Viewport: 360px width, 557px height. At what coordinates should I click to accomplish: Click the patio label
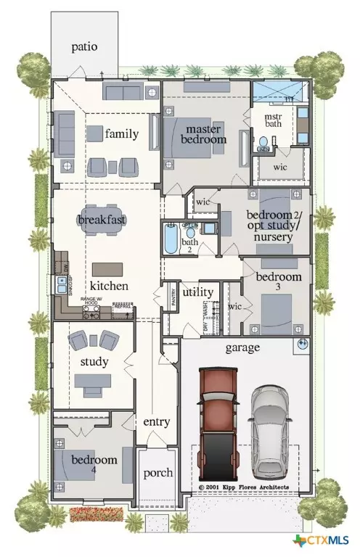pos(84,47)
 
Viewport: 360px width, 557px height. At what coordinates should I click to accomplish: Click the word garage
pos(242,348)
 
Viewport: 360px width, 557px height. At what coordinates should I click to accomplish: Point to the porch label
pos(157,473)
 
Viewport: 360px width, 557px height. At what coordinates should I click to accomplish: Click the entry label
pos(157,421)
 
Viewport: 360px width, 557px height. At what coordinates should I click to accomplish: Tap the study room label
pos(94,361)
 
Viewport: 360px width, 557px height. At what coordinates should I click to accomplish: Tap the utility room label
pos(197,292)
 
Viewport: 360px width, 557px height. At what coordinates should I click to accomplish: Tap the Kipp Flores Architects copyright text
pos(244,487)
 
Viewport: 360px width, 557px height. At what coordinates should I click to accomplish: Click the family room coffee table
pos(95,133)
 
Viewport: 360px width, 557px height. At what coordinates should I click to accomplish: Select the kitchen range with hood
pos(92,312)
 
